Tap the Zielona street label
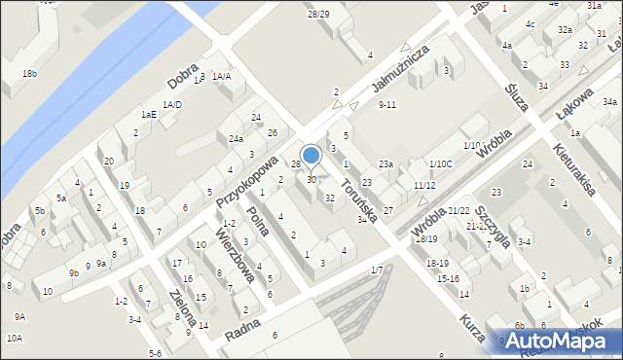point(183,308)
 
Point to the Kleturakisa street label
point(573,169)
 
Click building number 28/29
point(317,14)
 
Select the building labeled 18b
point(30,74)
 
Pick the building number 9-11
point(387,105)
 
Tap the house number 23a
point(386,164)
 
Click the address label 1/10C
point(441,164)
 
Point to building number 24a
point(236,139)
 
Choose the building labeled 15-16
point(448,279)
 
